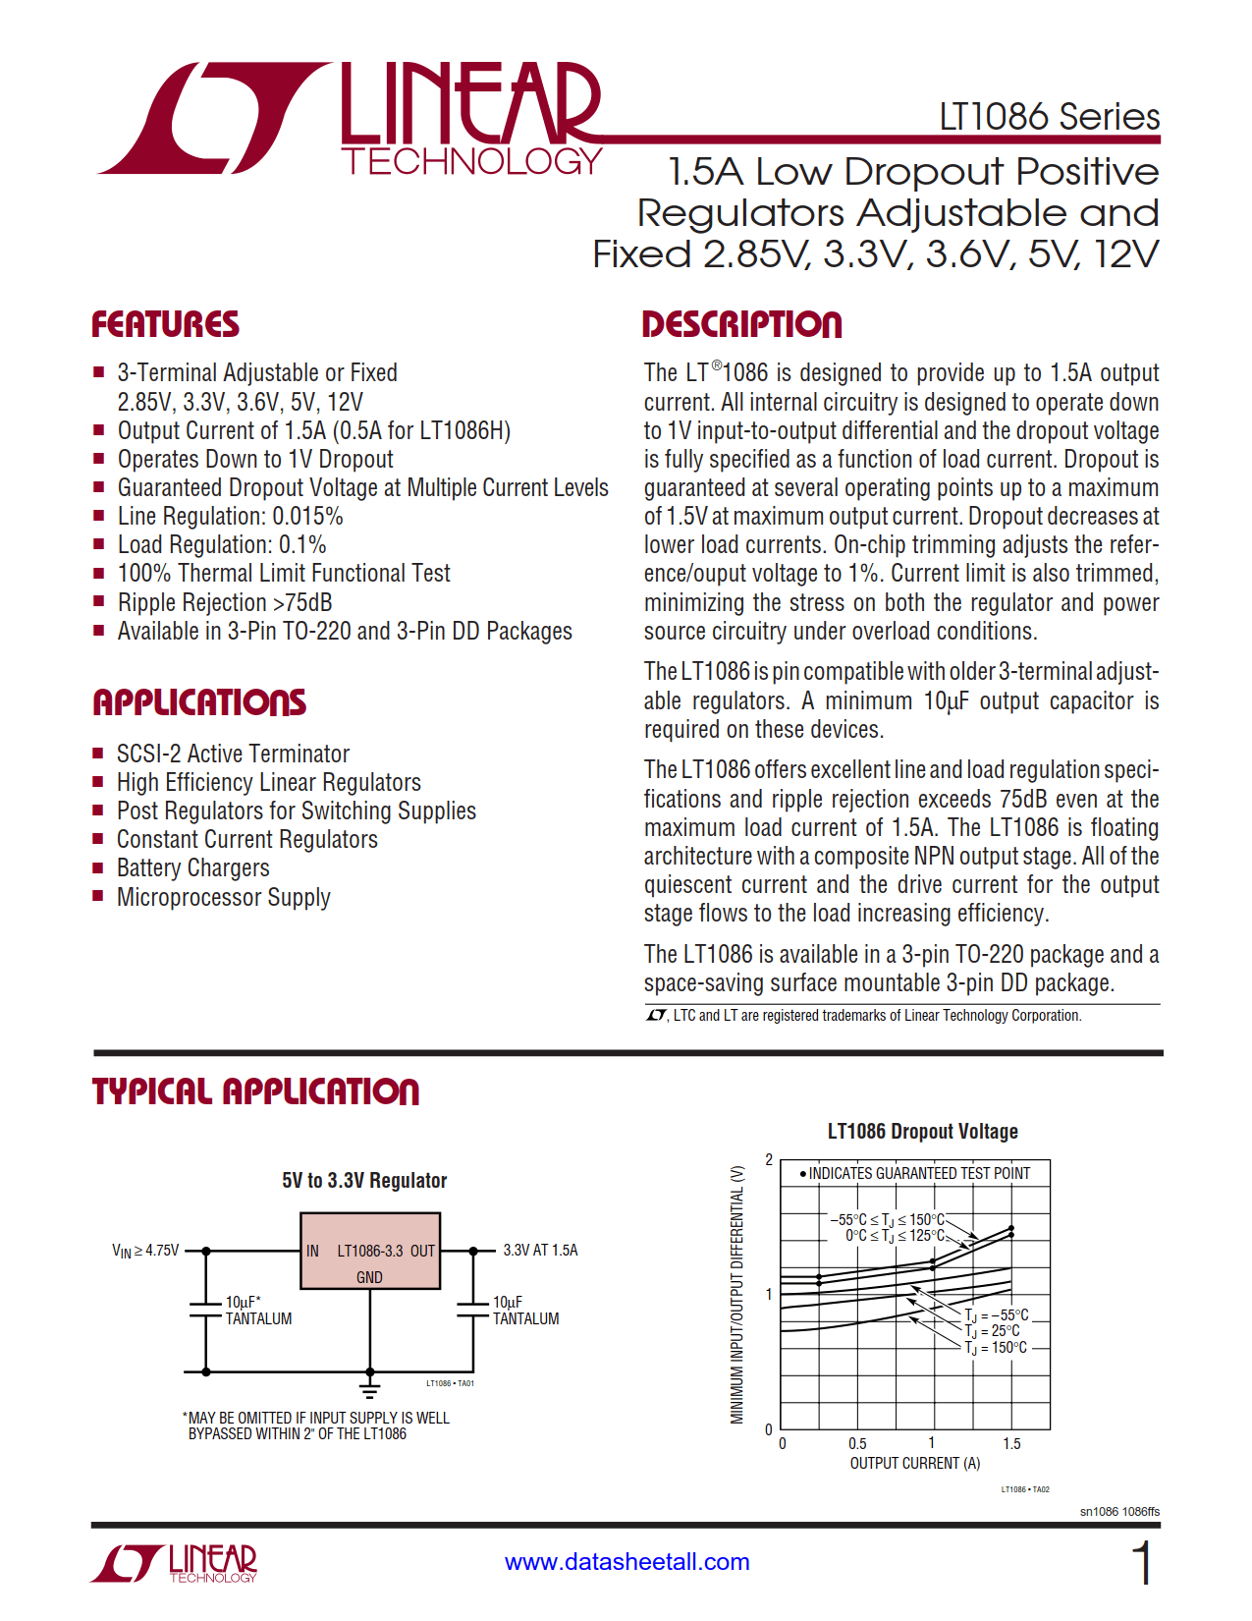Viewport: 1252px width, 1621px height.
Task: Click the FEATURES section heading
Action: point(165,325)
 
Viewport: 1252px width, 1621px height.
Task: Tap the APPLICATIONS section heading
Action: point(199,702)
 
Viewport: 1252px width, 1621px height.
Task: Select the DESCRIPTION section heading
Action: point(741,325)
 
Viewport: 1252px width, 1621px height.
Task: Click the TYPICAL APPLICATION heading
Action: point(255,1091)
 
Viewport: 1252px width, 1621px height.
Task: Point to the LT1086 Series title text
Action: point(1049,117)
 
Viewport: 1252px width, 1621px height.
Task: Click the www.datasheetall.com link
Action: point(626,1561)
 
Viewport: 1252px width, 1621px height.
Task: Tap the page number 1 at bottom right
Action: point(1141,1562)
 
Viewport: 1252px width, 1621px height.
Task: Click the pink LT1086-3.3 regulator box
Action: point(369,1250)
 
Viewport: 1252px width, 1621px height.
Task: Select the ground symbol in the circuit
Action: point(369,1388)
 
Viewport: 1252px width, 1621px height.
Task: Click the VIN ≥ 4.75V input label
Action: point(145,1251)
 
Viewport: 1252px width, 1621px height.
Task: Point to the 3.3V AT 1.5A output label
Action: point(540,1251)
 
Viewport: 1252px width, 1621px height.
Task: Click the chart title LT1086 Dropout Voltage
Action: point(922,1132)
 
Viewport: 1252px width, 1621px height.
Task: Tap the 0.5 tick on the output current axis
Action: point(857,1443)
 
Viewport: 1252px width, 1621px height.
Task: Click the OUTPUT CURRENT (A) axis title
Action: point(914,1463)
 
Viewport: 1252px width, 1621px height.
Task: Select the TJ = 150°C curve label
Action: point(996,1348)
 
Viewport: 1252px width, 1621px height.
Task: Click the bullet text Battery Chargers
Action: point(192,868)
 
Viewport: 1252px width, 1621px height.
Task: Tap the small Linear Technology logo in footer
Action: point(175,1562)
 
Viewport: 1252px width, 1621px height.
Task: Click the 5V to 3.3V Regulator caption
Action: point(364,1181)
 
